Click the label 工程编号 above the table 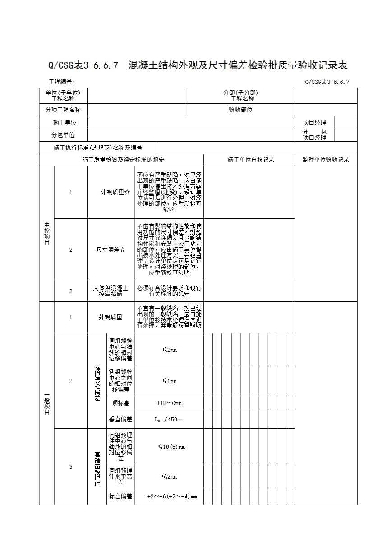click(x=62, y=82)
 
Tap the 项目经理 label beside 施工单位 click(x=314, y=122)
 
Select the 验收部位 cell click(x=240, y=110)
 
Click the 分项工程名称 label click(x=63, y=110)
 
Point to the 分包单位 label click(x=63, y=135)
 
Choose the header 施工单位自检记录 click(x=251, y=160)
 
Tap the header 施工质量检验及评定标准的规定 click(x=123, y=160)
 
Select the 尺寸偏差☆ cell click(x=111, y=250)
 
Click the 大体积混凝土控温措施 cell click(x=111, y=291)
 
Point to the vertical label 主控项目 click(x=47, y=234)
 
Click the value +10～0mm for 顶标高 click(x=169, y=403)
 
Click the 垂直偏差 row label click(x=120, y=419)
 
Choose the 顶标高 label click(x=120, y=403)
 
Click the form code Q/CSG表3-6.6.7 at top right click(x=327, y=82)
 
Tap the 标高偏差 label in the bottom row click(x=120, y=497)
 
